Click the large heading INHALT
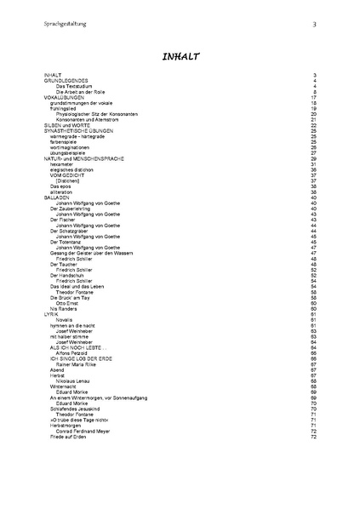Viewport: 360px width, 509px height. [x=180, y=56]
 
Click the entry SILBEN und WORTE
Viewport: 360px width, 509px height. [x=66, y=125]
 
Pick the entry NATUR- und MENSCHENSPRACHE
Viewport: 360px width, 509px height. [x=83, y=158]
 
